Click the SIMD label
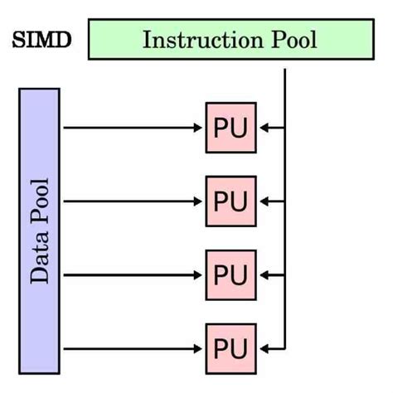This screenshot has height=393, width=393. point(41,40)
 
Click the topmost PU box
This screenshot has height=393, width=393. point(230,128)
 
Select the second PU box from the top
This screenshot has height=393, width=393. point(230,201)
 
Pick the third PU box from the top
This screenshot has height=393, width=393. point(230,274)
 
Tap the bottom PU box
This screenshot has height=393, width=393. point(230,346)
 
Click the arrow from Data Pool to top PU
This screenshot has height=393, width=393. point(133,128)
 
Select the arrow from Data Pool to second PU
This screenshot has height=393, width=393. point(133,201)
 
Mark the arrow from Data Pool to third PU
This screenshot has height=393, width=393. point(133,274)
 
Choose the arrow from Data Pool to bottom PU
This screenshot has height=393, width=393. point(133,346)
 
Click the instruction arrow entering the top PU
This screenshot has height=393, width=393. point(271,128)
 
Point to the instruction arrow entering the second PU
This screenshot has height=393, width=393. point(271,201)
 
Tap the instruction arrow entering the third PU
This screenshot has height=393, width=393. point(271,274)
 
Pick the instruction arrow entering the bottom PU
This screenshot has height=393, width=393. point(271,346)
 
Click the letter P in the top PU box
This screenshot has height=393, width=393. point(221,128)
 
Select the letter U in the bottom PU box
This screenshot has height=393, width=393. point(240,346)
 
